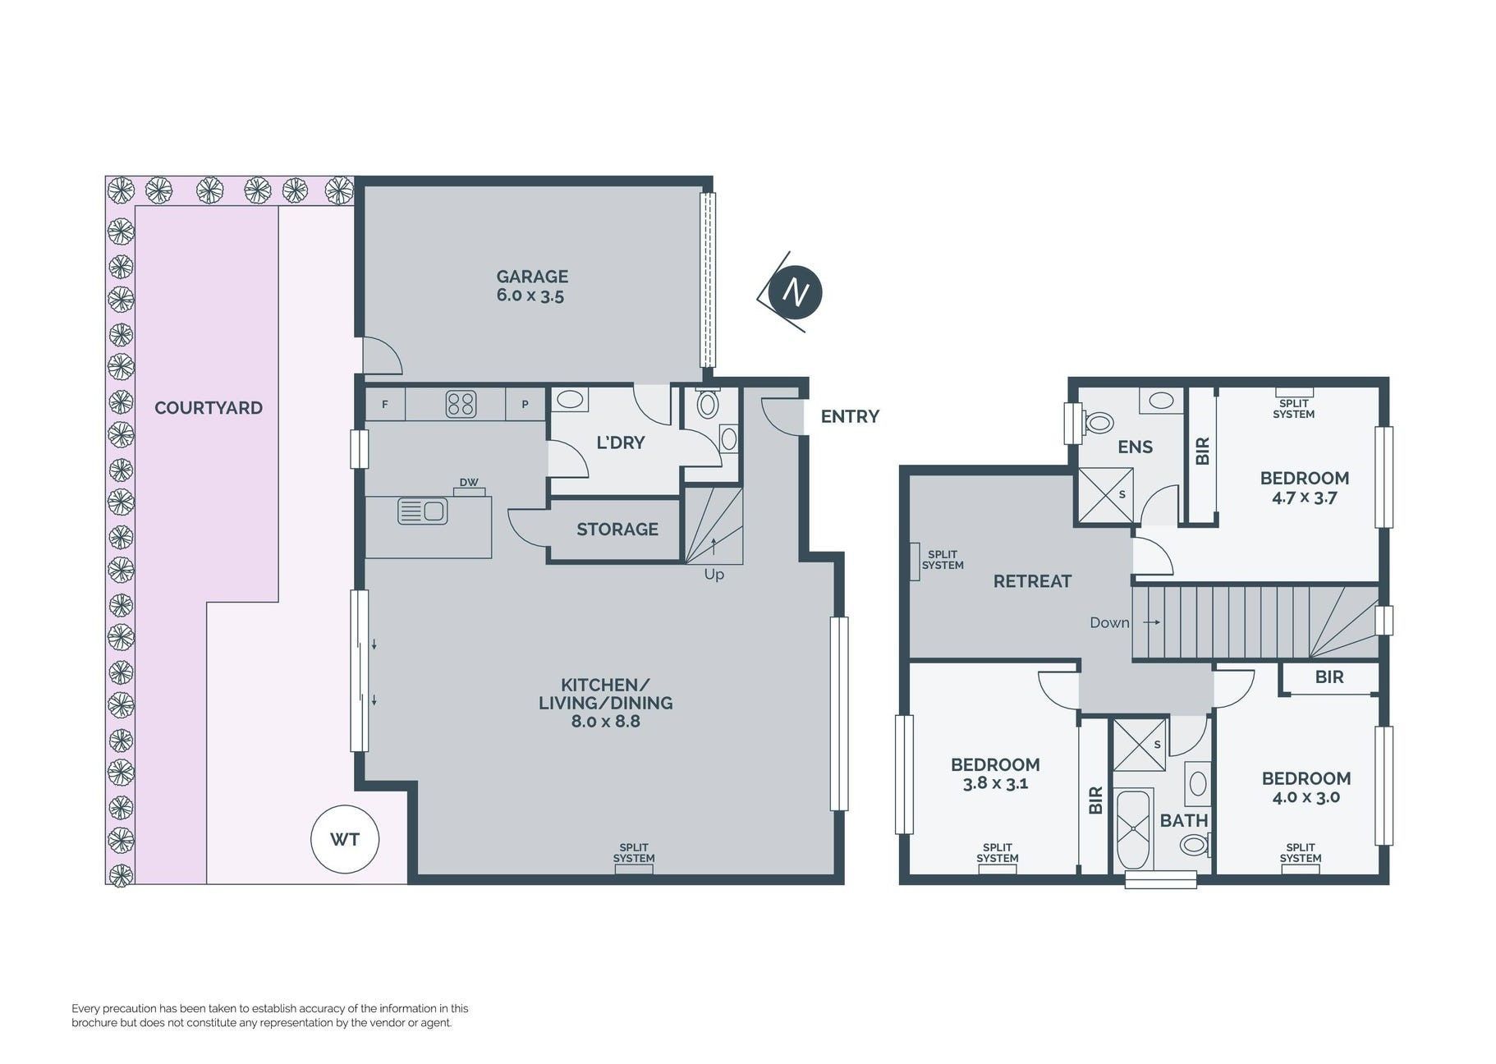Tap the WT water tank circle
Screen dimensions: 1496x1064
point(345,839)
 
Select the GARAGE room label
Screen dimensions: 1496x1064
point(532,277)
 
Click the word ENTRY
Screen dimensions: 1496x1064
point(850,416)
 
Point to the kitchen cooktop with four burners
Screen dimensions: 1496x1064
point(461,404)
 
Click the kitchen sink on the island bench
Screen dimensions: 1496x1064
point(423,511)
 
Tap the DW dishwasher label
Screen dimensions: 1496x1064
point(469,483)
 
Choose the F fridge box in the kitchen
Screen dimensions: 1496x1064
point(385,405)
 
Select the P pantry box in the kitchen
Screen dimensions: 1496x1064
point(525,405)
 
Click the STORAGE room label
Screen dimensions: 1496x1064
point(617,530)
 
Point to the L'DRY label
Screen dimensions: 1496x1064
point(621,443)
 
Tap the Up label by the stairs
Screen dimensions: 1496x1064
point(714,575)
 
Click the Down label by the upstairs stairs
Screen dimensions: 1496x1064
point(1109,622)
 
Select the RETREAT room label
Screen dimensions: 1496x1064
point(1032,581)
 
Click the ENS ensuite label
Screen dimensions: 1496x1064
point(1136,447)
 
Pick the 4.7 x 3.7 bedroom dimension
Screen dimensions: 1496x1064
point(1304,498)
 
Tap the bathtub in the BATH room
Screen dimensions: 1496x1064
point(1133,829)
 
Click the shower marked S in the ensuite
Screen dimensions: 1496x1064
point(1105,495)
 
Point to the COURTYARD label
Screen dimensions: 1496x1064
point(209,408)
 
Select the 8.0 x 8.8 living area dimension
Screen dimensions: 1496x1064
point(606,722)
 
